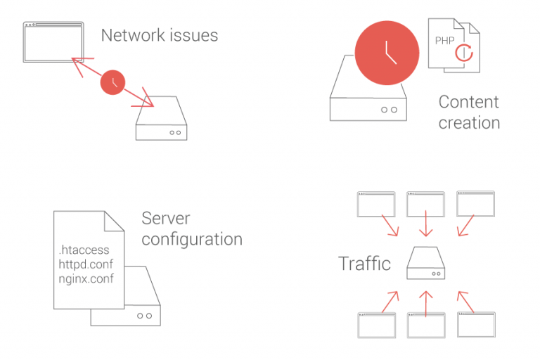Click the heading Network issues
[160, 35]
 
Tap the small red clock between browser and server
[112, 83]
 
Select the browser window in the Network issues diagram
[53, 43]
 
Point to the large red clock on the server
[387, 53]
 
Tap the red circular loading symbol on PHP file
[465, 52]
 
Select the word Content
[468, 102]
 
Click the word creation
[469, 123]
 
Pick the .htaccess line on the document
[84, 250]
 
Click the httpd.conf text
[85, 264]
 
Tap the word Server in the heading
[166, 218]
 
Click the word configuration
[192, 239]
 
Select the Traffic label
[364, 264]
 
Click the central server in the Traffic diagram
[425, 263]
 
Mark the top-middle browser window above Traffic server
[425, 204]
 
